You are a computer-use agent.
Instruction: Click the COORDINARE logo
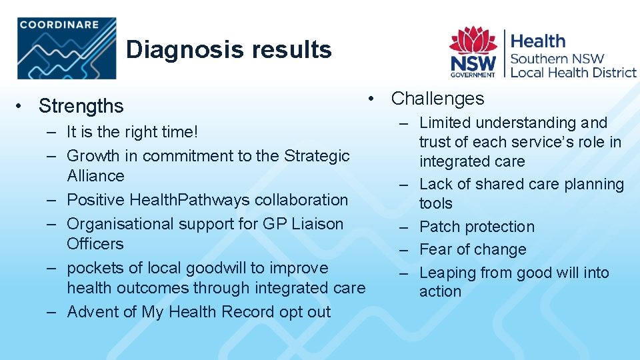(67, 48)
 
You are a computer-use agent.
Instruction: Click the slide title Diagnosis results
(229, 50)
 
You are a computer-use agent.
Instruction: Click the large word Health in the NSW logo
(537, 41)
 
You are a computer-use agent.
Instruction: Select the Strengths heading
(81, 106)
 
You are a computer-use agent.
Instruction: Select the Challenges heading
(437, 99)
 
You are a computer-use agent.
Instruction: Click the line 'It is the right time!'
(133, 132)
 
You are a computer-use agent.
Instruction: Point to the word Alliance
(95, 176)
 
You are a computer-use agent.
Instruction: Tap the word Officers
(95, 244)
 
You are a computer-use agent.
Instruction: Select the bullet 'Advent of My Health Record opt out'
(199, 312)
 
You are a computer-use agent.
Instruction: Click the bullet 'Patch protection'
(477, 227)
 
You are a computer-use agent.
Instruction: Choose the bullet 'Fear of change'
(473, 250)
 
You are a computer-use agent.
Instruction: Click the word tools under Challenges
(436, 203)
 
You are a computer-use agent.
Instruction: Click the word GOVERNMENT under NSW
(473, 75)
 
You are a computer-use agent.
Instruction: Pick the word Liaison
(317, 224)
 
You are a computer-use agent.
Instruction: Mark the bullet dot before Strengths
(22, 107)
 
